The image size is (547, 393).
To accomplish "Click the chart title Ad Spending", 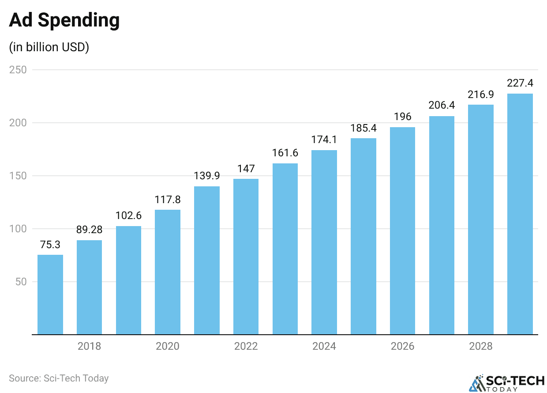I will click(x=64, y=20).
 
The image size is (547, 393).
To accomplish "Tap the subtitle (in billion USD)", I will click(x=49, y=47).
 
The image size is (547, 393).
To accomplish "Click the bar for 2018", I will click(x=89, y=287).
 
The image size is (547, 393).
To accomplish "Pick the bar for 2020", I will click(x=168, y=272).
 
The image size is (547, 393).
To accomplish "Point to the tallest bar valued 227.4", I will click(x=520, y=214).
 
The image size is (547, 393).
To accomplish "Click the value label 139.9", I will click(x=207, y=176).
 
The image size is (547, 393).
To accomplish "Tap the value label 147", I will click(x=246, y=169).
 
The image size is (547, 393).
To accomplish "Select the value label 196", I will click(x=402, y=117).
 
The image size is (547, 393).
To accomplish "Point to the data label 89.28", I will click(x=89, y=230).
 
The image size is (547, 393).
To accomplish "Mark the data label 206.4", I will click(x=442, y=106).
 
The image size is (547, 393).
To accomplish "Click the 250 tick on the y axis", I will click(x=18, y=70).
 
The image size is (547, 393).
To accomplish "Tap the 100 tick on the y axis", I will click(x=18, y=229).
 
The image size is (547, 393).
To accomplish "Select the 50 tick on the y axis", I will click(x=21, y=282).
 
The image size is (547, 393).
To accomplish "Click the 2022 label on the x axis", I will click(x=246, y=346).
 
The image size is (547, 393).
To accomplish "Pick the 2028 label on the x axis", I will click(x=480, y=346).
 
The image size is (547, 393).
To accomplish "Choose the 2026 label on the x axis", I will click(x=402, y=346).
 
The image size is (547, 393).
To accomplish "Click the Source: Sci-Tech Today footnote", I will click(x=59, y=378).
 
